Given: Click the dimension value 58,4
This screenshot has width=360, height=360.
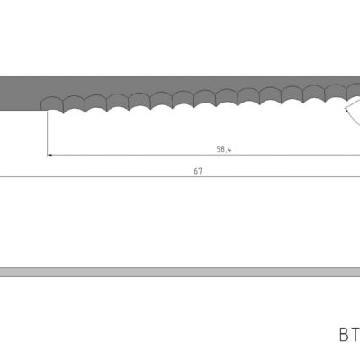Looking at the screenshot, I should click(224, 150).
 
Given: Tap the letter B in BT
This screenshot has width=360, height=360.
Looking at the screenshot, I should click(344, 334).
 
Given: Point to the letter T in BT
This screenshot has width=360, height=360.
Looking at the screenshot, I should click(355, 334).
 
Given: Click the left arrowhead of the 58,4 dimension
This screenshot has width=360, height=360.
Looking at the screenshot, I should click(50, 155).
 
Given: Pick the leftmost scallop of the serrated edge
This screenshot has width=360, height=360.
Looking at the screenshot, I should click(54, 106).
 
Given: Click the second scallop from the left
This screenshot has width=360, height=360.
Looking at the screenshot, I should click(75, 105).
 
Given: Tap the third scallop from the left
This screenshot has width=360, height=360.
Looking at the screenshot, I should click(96, 104).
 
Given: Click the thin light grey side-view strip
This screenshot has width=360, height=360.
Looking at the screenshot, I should click(180, 272).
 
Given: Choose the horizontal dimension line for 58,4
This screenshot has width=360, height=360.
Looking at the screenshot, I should click(135, 155).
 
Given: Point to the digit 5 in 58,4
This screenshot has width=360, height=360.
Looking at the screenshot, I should click(218, 150).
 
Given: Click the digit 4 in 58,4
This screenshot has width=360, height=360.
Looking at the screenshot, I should click(230, 150).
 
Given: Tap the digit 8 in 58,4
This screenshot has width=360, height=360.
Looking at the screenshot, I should click(222, 150).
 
